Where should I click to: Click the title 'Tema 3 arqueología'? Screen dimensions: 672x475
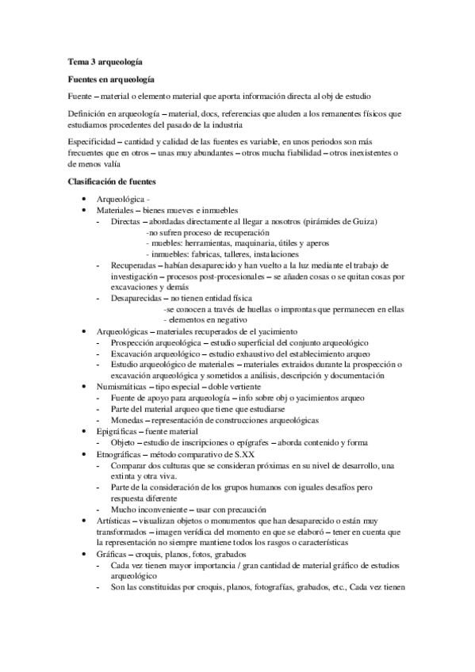pos(105,61)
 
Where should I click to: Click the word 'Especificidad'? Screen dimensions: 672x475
pos(90,141)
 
